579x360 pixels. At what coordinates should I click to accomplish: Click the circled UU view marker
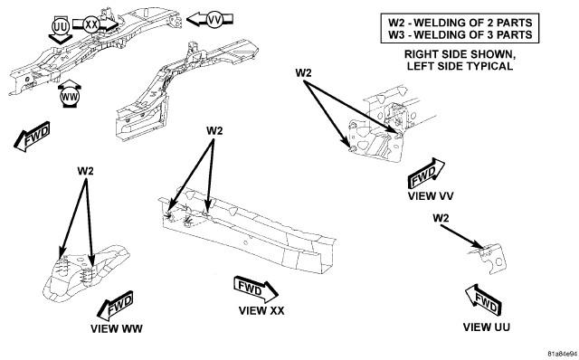pos(61,27)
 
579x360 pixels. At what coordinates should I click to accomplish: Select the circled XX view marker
pos(91,25)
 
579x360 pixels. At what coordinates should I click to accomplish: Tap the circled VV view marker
pos(214,20)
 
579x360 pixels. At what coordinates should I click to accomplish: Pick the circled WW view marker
pos(70,97)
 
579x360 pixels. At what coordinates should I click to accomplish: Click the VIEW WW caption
pos(117,328)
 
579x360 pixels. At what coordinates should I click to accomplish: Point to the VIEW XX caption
pos(261,311)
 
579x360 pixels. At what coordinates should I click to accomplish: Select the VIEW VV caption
pos(431,195)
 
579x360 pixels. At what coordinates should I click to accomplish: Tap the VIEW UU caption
pos(487,327)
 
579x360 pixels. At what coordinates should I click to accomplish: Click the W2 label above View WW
pos(85,171)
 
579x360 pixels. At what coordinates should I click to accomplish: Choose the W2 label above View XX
pos(214,131)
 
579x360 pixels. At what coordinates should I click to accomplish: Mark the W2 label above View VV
pos(303,72)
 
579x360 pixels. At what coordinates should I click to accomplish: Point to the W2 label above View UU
pos(441,218)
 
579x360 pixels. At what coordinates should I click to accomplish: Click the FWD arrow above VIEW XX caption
pos(255,289)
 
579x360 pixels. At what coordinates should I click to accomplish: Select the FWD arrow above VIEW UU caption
pos(483,299)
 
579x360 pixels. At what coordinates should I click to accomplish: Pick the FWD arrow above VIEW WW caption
pos(115,306)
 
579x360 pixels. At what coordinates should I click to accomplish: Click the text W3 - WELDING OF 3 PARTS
pos(460,35)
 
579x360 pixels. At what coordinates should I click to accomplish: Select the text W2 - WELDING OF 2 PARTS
pos(460,23)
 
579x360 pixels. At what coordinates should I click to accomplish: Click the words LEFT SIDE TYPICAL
pos(460,66)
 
